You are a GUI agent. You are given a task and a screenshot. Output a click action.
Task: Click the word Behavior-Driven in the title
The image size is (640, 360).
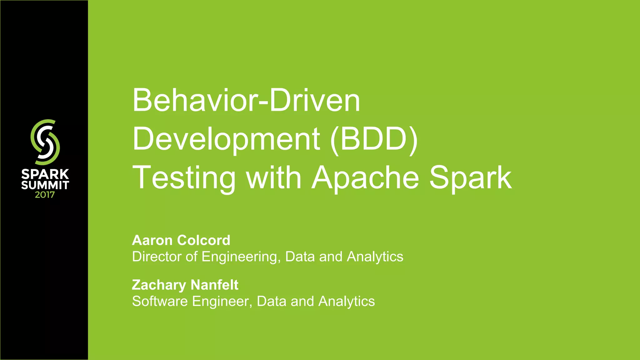click(246, 101)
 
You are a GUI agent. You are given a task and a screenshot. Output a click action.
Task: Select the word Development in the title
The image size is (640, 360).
click(226, 139)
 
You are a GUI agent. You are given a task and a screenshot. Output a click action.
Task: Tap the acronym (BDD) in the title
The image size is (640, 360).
click(374, 139)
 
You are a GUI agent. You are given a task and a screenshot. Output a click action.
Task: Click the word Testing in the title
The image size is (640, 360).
click(184, 178)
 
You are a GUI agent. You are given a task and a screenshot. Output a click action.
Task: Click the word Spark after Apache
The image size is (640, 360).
click(470, 178)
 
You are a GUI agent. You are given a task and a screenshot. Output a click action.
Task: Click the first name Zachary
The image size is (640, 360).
click(159, 285)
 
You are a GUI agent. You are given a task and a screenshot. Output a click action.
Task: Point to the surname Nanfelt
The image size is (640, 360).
click(214, 285)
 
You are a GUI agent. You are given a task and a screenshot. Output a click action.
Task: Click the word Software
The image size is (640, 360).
click(160, 301)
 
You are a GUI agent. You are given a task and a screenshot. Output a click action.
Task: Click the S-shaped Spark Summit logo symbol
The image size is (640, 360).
click(45, 142)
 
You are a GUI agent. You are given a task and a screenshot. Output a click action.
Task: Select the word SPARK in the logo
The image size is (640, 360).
click(45, 174)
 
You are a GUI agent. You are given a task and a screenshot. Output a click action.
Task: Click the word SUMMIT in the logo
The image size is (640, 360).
click(45, 185)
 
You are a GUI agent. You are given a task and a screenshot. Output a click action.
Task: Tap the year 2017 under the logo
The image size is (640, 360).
click(45, 195)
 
